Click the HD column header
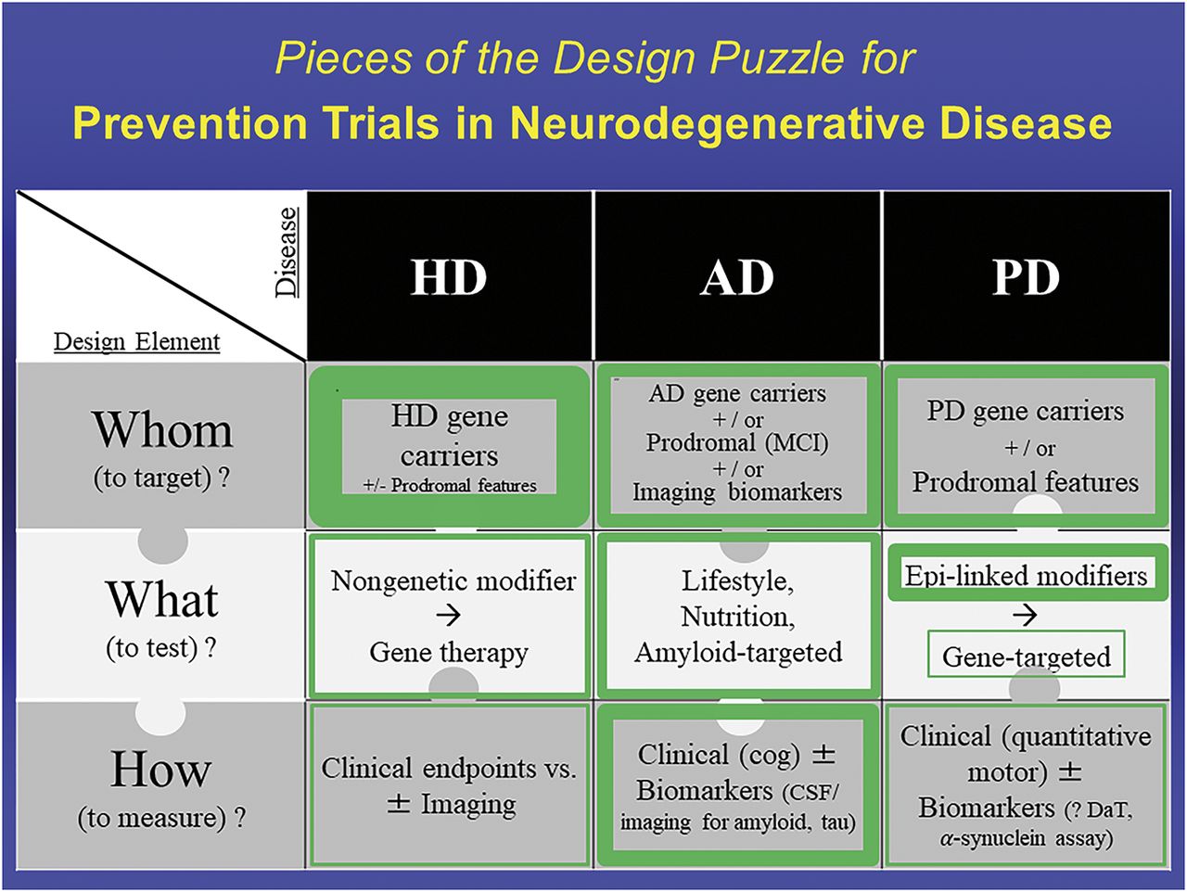pos(449,277)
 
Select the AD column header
pos(737,277)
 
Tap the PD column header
pos(1026,277)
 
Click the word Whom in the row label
pos(162,430)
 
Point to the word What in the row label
pos(162,600)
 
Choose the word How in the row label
pos(161,770)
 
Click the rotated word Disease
pos(287,251)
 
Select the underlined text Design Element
pos(137,341)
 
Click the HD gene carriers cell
pos(449,436)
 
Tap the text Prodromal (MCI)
pos(737,442)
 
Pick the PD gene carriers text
pos(1026,411)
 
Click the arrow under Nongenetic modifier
pos(449,616)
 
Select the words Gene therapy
pos(449,652)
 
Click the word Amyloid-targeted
pos(738,652)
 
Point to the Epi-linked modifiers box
pos(1026,575)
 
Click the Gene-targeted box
pos(1026,656)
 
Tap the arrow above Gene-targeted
pos(1025,616)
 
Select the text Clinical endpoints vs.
pos(449,768)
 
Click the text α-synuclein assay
pos(1026,838)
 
